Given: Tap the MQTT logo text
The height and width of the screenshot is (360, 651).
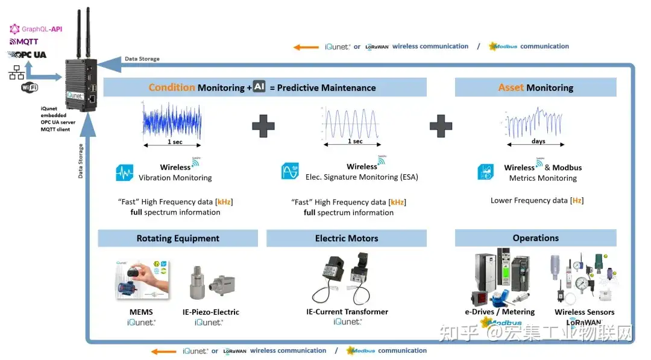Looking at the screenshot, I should click(x=24, y=42).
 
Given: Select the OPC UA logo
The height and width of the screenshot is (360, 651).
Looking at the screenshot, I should click(x=27, y=55).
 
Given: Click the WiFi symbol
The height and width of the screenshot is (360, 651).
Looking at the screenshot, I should click(x=30, y=87).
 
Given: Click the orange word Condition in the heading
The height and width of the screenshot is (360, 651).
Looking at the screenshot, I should click(x=172, y=87).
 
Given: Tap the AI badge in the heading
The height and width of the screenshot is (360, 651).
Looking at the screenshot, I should click(x=259, y=87).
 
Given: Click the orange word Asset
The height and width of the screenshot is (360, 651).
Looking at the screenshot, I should click(x=511, y=87).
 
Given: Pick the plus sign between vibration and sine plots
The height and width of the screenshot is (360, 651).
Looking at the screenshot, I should click(x=263, y=125).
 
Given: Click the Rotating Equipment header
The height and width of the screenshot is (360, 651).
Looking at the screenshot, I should click(x=178, y=238).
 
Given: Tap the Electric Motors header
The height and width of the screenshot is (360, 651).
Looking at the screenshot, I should click(x=347, y=238).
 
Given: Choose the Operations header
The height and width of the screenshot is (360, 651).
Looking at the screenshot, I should click(x=535, y=238).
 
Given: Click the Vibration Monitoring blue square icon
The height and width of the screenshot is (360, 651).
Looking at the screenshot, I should click(x=124, y=172).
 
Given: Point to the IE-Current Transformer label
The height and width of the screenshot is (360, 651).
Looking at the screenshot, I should click(x=347, y=312).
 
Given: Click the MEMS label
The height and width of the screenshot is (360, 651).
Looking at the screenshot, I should click(x=140, y=312).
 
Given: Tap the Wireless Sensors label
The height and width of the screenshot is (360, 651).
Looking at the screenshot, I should click(x=584, y=312).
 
